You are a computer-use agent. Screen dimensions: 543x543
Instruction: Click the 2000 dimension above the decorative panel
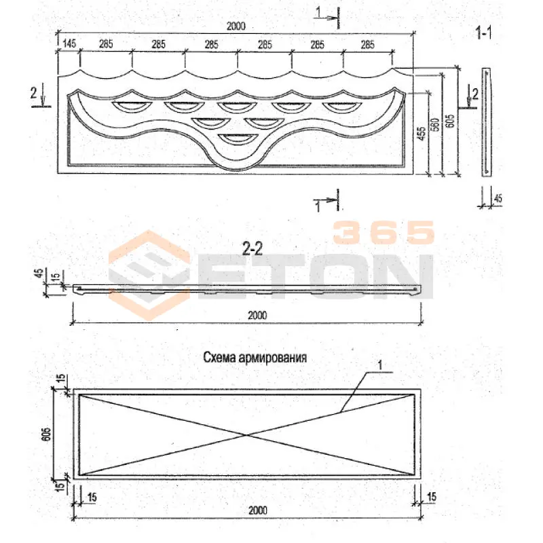coord(236,26)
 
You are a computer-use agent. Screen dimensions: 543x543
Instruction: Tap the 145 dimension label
coord(69,43)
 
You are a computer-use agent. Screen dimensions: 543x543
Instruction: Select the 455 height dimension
coord(422,133)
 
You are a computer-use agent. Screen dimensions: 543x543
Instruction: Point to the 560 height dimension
coord(436,124)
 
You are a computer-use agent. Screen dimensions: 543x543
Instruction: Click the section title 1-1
coord(484,33)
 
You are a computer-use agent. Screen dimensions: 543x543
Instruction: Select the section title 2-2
coord(252,248)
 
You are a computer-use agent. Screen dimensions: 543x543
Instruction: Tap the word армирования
coord(273,358)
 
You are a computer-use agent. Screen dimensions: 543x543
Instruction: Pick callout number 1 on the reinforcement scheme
coord(380,365)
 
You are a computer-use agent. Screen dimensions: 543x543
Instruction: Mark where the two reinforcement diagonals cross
coord(247,434)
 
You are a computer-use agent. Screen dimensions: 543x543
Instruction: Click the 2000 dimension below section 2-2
coord(257,315)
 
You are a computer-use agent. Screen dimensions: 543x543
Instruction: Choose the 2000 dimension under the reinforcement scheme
coord(258,510)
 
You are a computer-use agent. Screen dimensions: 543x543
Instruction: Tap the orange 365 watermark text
coord(383,232)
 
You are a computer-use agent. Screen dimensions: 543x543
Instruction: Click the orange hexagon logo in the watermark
coord(149,276)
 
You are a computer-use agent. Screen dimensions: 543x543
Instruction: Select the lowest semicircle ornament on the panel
coord(237,138)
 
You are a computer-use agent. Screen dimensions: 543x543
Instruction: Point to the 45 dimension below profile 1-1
coord(498,198)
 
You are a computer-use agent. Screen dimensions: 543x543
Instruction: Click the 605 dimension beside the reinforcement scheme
coord(46,434)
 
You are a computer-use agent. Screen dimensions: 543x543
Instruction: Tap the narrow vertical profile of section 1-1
coord(486,122)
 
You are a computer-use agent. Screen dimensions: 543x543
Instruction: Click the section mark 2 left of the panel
coord(33,93)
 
